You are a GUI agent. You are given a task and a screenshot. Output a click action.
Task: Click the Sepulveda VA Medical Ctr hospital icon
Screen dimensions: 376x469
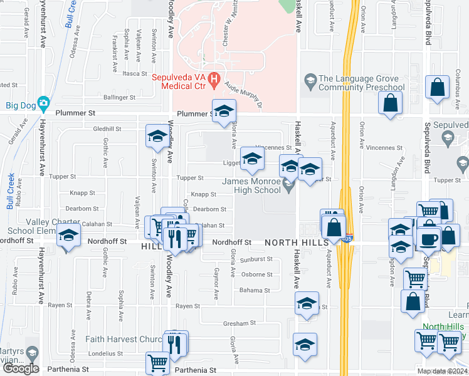(214, 80)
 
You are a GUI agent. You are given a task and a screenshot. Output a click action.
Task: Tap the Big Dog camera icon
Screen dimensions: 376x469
(43, 103)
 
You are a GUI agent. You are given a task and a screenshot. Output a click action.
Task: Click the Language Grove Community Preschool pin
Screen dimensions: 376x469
(309, 80)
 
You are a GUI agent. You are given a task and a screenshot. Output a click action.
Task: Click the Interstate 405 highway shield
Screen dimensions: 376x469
(348, 239)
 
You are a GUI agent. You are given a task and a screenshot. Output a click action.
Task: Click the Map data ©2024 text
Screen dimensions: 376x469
(442, 371)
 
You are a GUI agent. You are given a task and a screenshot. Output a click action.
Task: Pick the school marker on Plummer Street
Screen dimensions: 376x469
(223, 112)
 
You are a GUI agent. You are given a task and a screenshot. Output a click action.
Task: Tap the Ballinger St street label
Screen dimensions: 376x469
(120, 98)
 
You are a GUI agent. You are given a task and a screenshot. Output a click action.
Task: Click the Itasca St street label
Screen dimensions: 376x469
(134, 73)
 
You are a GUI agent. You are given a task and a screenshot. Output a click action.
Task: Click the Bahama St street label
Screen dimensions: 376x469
(254, 290)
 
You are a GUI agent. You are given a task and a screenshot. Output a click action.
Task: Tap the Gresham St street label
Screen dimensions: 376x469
(238, 323)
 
